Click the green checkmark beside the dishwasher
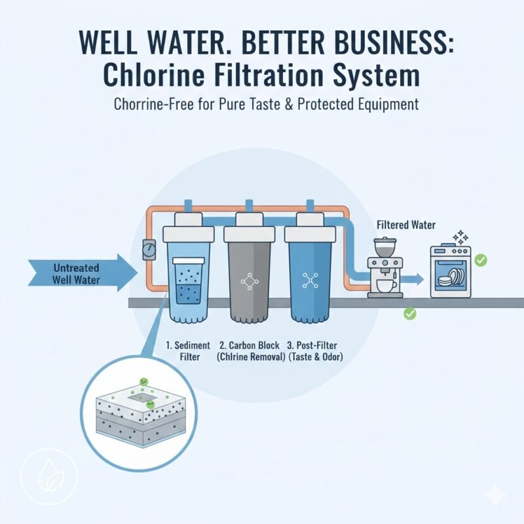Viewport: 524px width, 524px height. tap(481, 261)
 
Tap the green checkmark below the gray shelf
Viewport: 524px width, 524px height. tap(410, 314)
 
